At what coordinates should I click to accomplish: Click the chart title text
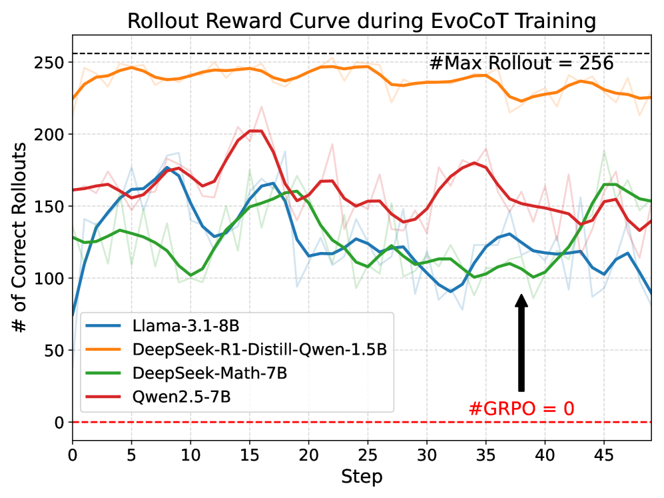361,21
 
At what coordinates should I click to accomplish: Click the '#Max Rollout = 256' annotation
521,63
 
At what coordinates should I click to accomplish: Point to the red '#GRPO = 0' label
521,407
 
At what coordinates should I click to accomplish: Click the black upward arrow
521,343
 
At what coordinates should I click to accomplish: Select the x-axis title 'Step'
361,477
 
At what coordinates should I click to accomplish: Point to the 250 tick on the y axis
52,63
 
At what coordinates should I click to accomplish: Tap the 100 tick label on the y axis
52,278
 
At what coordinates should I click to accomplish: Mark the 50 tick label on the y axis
56,350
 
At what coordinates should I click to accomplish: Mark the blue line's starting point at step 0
73,315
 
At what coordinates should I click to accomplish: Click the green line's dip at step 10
190,275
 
